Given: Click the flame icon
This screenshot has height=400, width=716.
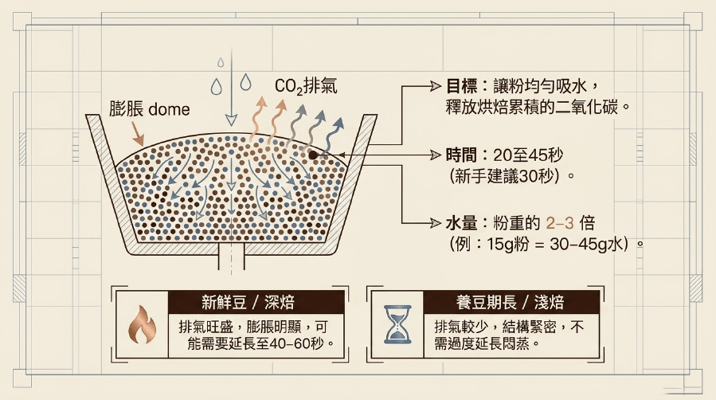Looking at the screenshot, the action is coord(142,324).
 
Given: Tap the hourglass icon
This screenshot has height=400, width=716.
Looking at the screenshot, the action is coord(397,324).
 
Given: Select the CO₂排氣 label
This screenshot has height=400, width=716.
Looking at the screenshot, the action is coord(306,86).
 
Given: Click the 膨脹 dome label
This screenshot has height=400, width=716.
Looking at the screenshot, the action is coord(149,109).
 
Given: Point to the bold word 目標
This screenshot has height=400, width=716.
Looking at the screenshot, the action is coord(462,86).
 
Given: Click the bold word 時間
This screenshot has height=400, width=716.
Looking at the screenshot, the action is coord(462,155).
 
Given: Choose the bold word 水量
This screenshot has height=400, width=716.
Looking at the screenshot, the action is coord(462,223).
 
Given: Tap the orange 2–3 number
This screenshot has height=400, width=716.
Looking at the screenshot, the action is coord(560,223).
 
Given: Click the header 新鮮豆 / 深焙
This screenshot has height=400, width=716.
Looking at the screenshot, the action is coord(248,302).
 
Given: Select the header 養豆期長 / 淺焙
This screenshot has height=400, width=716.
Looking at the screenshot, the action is coord(510,302).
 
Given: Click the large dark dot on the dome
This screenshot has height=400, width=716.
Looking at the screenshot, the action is coord(313,155).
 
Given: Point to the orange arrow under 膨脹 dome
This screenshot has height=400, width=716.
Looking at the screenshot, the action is coord(137,134).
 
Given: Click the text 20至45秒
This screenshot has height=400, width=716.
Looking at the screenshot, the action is coord(528,155).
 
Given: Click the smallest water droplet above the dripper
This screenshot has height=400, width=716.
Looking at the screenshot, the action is coord(221,62).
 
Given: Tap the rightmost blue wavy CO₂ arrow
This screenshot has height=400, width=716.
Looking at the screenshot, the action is coord(335,135).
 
